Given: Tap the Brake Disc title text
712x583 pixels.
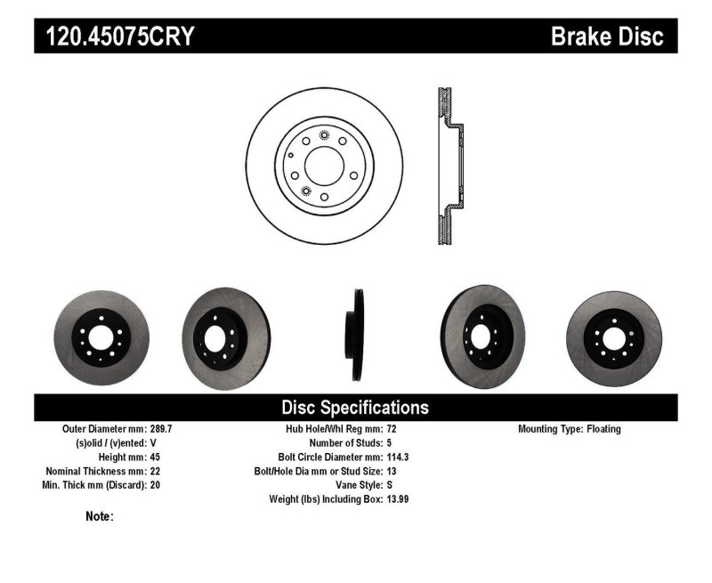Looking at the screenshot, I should pyautogui.click(x=608, y=36).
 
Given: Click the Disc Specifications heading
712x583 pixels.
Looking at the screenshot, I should pyautogui.click(x=355, y=408).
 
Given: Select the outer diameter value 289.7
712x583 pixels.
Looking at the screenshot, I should pyautogui.click(x=161, y=429).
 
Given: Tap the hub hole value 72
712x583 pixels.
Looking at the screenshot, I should pyautogui.click(x=392, y=429).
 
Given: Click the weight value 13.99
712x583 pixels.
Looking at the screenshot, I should pyautogui.click(x=398, y=499).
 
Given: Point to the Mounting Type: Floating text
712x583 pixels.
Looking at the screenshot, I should pyautogui.click(x=570, y=429).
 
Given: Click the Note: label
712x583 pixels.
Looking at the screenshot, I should pyautogui.click(x=99, y=516).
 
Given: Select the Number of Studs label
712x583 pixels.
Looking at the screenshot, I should pyautogui.click(x=345, y=442).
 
